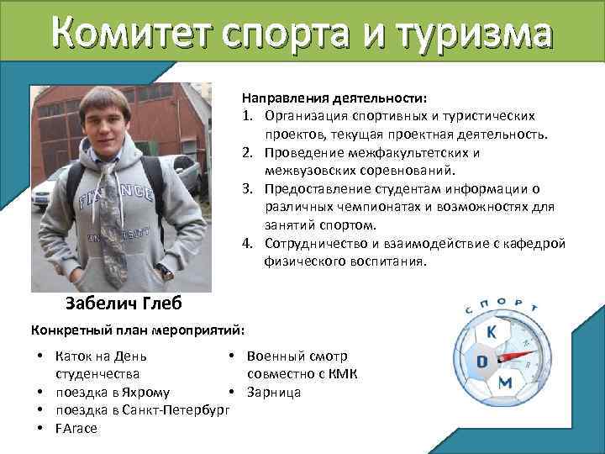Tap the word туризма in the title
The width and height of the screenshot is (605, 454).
click(x=474, y=36)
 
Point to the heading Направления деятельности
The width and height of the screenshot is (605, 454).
click(x=334, y=98)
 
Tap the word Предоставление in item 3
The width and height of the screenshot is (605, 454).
click(x=315, y=190)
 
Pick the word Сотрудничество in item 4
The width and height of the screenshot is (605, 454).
click(x=316, y=244)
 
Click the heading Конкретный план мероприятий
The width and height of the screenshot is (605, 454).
click(x=137, y=327)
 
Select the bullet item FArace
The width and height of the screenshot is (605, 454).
click(x=76, y=428)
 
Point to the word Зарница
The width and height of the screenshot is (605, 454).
click(x=274, y=392)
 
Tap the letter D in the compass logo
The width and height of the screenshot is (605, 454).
click(x=482, y=362)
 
